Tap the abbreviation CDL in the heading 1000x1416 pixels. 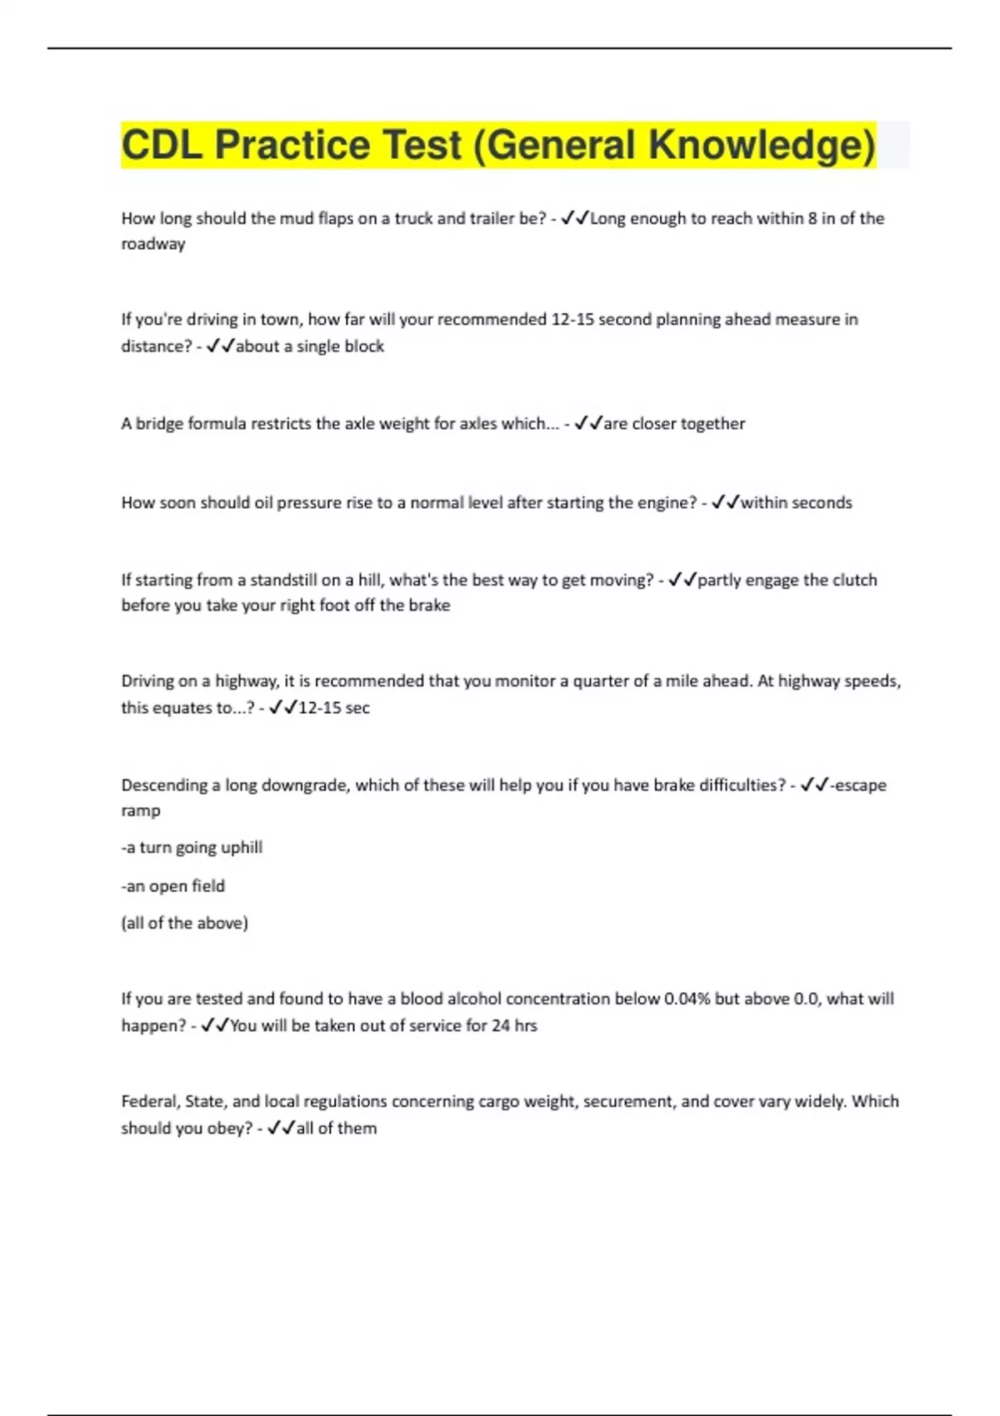(x=162, y=145)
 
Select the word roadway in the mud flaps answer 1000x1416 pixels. (x=153, y=244)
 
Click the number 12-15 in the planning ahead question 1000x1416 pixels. (x=572, y=319)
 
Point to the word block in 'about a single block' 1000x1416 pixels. (x=364, y=346)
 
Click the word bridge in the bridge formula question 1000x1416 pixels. (x=159, y=423)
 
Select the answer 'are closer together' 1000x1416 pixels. (x=674, y=423)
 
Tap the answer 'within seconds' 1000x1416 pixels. (x=796, y=502)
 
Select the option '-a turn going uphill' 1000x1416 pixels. (x=192, y=847)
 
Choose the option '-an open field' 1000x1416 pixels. (x=173, y=885)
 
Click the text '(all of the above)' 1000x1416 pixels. (x=185, y=923)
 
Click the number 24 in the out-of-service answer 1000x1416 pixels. (x=501, y=1025)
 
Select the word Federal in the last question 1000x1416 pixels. (x=149, y=1101)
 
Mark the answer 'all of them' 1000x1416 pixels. (x=337, y=1128)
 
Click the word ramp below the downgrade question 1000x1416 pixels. (x=141, y=810)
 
